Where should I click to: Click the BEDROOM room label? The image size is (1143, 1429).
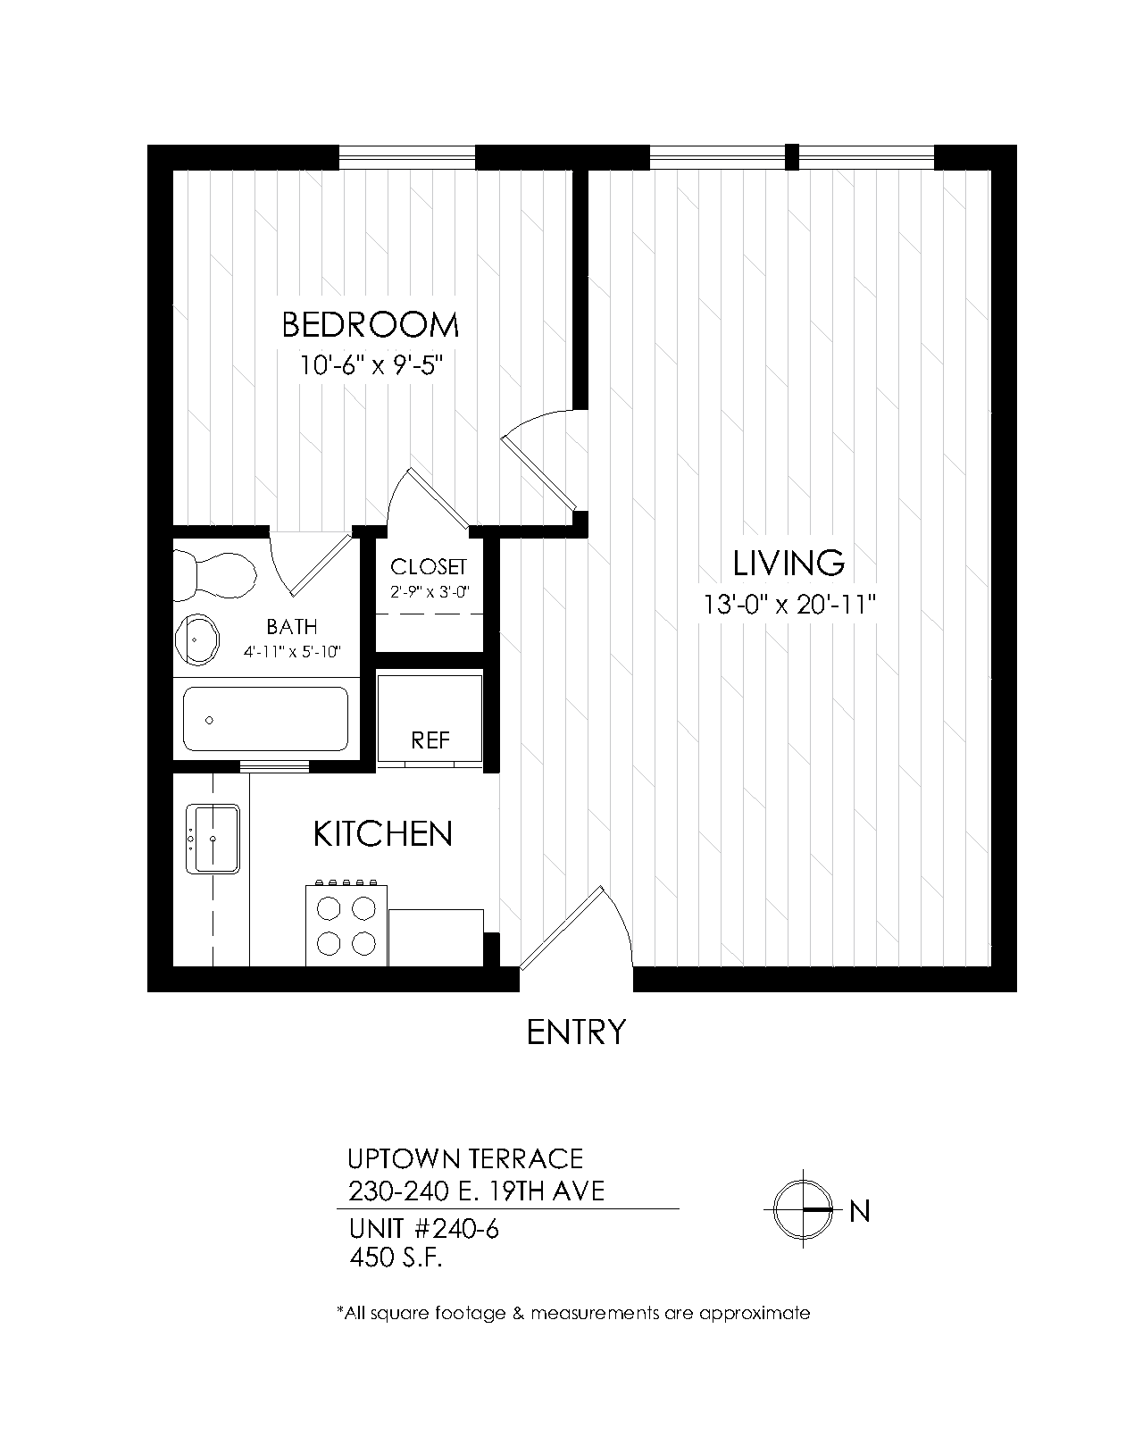click(370, 325)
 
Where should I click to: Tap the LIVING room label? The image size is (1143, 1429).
click(788, 563)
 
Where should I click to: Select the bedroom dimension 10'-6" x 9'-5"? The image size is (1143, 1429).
click(371, 365)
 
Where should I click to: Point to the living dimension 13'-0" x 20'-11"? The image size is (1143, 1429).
click(789, 605)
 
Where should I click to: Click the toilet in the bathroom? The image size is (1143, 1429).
click(214, 576)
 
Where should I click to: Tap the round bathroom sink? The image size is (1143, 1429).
click(196, 639)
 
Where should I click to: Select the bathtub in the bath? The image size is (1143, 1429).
click(266, 718)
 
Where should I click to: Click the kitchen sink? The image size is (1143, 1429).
click(213, 839)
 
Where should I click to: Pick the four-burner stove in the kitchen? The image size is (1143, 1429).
click(346, 923)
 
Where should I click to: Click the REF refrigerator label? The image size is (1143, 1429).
click(430, 740)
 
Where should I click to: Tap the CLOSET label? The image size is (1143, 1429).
click(429, 566)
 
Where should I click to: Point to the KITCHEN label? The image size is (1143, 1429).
click(382, 834)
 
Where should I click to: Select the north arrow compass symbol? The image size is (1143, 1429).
click(803, 1209)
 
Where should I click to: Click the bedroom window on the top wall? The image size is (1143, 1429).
click(407, 157)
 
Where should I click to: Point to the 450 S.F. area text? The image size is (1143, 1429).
click(396, 1258)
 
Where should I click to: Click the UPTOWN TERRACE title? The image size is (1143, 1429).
click(465, 1158)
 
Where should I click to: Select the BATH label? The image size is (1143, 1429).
click(292, 626)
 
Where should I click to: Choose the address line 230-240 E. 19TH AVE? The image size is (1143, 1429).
click(476, 1192)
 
